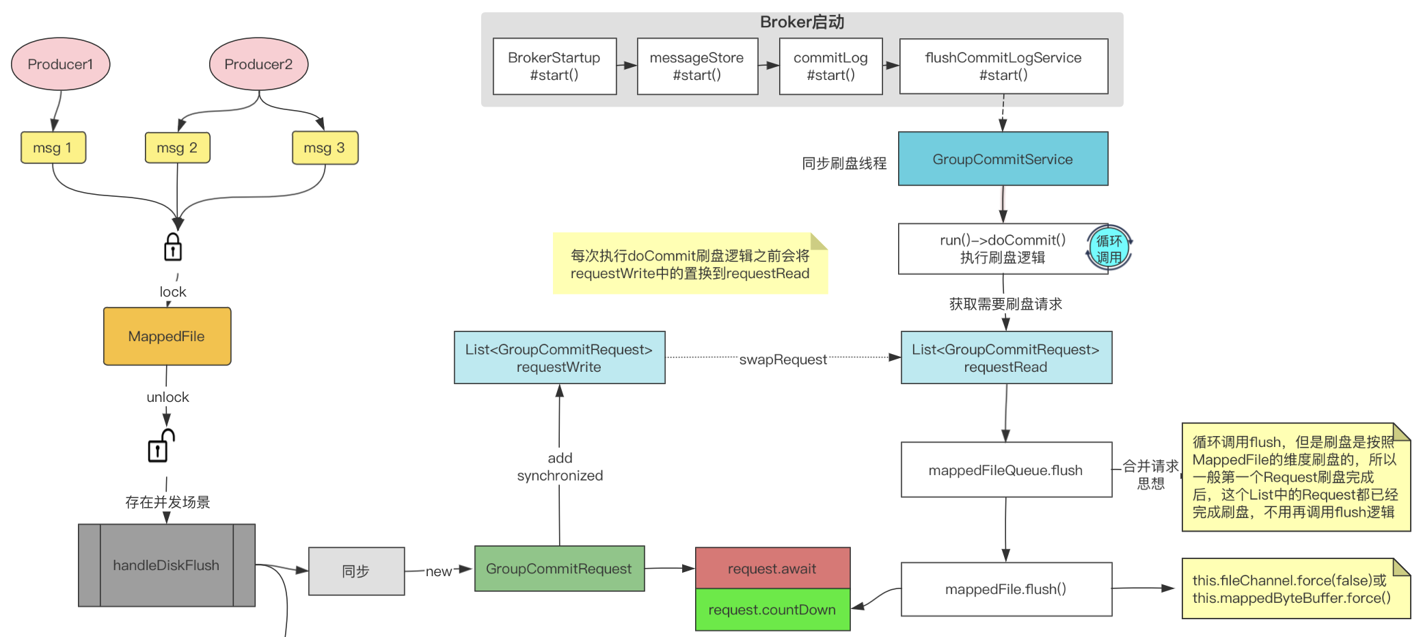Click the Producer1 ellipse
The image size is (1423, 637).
[60, 64]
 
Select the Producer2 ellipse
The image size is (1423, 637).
[258, 64]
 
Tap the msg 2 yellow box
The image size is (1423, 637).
[177, 148]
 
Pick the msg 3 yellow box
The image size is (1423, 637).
[325, 148]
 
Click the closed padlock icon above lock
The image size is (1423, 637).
[173, 247]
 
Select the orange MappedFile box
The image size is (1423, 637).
[167, 336]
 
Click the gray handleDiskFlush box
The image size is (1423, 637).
[166, 565]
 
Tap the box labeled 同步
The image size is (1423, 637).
[356, 571]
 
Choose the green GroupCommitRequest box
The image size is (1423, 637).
[559, 569]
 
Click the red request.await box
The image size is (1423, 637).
[772, 569]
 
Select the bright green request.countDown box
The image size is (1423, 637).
[772, 610]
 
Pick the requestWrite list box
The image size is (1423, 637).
[559, 357]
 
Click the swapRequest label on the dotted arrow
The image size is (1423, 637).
[783, 360]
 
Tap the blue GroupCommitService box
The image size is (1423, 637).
[1003, 159]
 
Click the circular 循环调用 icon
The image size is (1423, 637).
[1109, 249]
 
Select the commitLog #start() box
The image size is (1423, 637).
[830, 66]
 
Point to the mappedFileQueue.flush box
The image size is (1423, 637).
[1005, 470]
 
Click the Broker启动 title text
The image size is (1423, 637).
[802, 22]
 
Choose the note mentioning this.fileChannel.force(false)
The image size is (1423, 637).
[1295, 589]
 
